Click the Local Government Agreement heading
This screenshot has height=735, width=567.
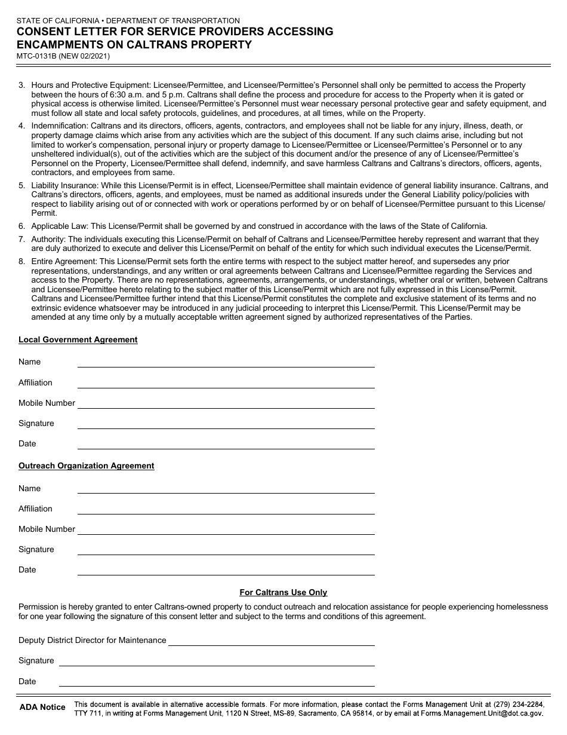(78, 339)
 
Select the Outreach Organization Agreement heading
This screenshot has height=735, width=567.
(86, 465)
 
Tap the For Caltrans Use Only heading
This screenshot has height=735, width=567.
(283, 592)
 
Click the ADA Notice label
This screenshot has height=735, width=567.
(42, 707)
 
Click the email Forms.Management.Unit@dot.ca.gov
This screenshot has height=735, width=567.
(482, 713)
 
